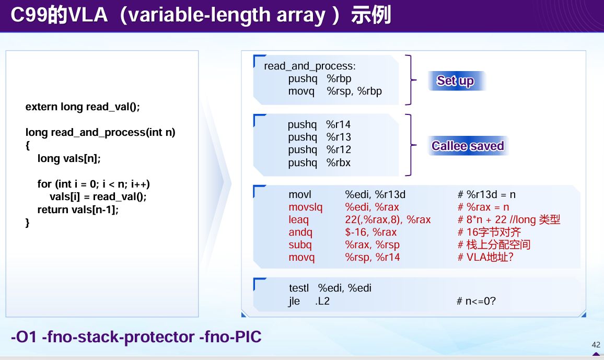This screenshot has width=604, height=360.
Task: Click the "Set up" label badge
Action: pos(456,80)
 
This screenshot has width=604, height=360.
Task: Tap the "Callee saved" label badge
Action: pos(468,146)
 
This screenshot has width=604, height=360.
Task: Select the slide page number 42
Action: pos(596,345)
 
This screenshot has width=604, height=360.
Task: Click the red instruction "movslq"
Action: pos(306,207)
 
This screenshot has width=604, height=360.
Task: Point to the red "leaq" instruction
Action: pos(298,220)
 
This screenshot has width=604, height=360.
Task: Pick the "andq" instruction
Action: pos(300,232)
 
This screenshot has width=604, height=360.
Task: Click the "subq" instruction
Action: pos(300,245)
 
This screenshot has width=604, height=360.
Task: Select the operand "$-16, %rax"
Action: pos(370,232)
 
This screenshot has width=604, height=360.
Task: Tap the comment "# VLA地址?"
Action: pos(485,257)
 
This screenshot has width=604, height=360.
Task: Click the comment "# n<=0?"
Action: pos(476,301)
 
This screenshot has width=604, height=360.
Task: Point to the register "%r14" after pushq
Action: pos(338,124)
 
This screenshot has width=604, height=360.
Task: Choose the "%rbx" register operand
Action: pos(339,163)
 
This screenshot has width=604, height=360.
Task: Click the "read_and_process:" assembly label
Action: pos(310,66)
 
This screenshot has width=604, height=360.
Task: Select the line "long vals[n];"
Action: pos(69,158)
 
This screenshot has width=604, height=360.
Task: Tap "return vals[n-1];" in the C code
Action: pos(78,210)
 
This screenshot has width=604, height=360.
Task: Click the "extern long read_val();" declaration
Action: pos(83,107)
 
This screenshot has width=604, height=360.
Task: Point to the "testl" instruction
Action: pos(299,288)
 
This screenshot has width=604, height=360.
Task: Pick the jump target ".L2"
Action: pos(322,301)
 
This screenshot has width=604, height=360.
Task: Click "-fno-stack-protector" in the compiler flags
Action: pos(118,337)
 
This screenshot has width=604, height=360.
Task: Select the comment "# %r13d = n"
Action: pos(486,194)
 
